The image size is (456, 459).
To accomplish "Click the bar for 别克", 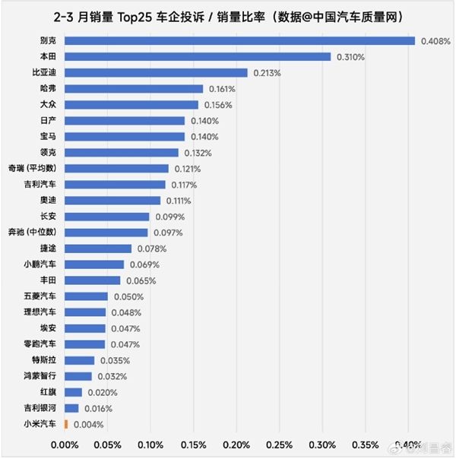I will tap(239, 41).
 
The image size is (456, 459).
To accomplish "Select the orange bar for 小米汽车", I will tap(66, 424).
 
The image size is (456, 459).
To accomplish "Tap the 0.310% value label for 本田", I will tap(349, 57).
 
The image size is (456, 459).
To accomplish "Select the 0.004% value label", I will tap(87, 424).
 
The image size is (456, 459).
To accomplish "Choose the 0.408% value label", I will tap(433, 41).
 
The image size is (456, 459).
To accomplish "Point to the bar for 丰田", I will tap(92, 280).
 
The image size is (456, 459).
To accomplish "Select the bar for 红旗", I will tap(73, 392).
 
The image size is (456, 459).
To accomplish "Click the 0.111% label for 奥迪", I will tap(177, 201).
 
